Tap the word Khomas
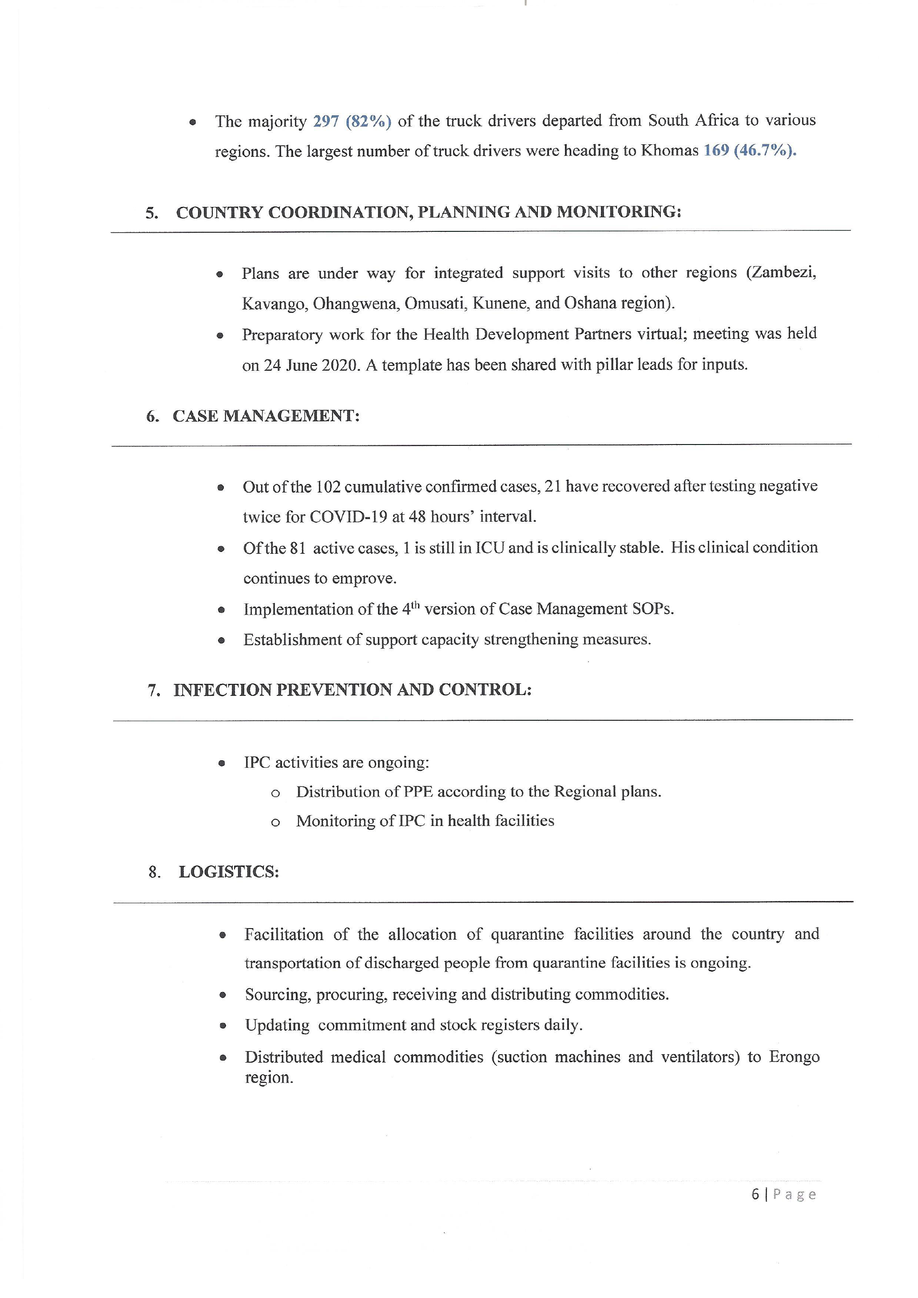pyautogui.click(x=669, y=151)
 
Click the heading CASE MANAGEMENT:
pyautogui.click(x=266, y=416)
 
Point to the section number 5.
pyautogui.click(x=151, y=213)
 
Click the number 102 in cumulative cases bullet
pyautogui.click(x=328, y=487)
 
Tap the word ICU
pyautogui.click(x=489, y=548)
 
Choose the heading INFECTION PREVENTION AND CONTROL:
pyautogui.click(x=352, y=690)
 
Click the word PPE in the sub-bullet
pyautogui.click(x=418, y=791)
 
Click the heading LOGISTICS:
pyautogui.click(x=229, y=872)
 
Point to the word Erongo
pyautogui.click(x=794, y=1057)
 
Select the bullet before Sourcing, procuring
pyautogui.click(x=223, y=995)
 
